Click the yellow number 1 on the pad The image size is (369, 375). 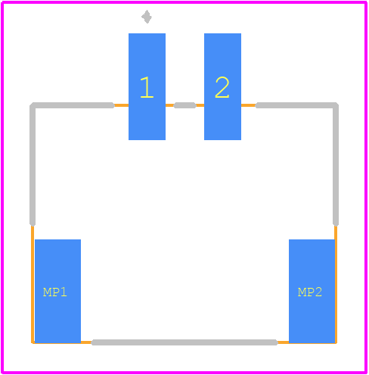point(147,87)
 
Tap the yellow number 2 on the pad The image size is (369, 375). point(222,87)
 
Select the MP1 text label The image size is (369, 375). point(55,292)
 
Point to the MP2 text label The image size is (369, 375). point(310,292)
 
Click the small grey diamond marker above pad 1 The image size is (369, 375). point(147,17)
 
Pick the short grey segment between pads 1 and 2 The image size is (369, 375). point(184,105)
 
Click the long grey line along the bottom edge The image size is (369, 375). point(184,342)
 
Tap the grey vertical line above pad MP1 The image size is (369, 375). point(33,165)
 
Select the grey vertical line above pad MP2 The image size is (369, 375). point(336,165)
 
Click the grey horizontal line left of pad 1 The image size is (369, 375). point(73,105)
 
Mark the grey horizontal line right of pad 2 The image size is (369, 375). point(296,105)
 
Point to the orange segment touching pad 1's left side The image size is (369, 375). point(121,105)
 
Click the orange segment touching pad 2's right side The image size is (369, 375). point(248,105)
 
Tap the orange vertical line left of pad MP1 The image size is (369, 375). point(33,285)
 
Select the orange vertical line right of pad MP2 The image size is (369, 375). point(336,285)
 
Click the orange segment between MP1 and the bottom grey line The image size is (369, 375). point(86,342)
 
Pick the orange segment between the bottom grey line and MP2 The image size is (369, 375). point(283,342)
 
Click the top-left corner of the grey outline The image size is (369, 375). point(33,105)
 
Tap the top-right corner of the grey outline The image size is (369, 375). point(336,105)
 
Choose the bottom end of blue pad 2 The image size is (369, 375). point(222,139)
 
